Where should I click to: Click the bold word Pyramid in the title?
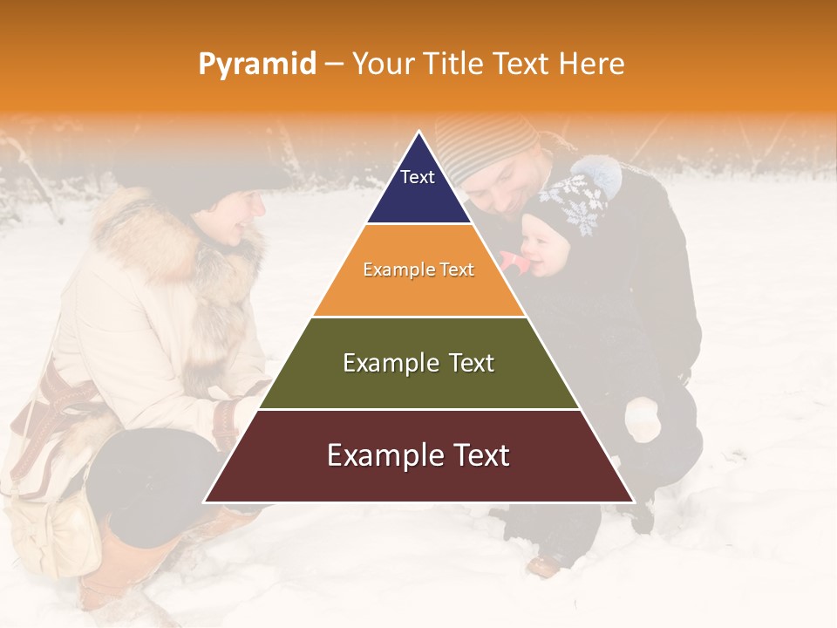[x=256, y=64]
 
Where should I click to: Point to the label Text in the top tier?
[x=417, y=177]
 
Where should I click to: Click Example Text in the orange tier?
[x=418, y=270]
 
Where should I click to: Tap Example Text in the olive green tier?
[x=418, y=363]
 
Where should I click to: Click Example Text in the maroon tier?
[x=418, y=455]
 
